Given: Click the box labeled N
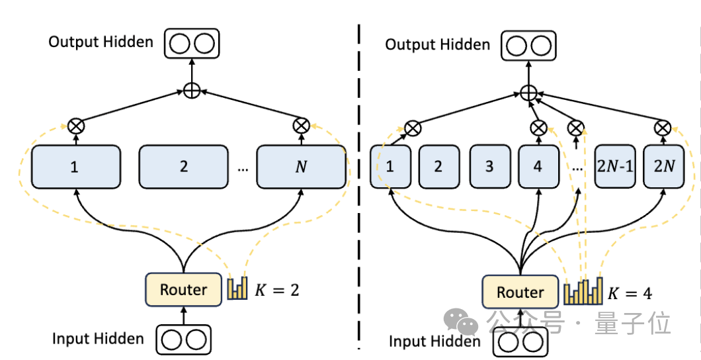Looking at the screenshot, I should (x=301, y=167).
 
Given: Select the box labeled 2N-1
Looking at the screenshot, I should (x=614, y=167).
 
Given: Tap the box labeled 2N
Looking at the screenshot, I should (x=663, y=167).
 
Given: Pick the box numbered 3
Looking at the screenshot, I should (x=489, y=167).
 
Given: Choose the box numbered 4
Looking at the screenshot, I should (x=537, y=167).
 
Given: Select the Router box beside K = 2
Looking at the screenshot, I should (x=183, y=289).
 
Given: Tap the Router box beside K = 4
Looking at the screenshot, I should (x=520, y=292).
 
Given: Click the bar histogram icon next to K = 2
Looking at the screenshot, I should (x=237, y=288).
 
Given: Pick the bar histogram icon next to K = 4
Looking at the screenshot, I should (x=584, y=291).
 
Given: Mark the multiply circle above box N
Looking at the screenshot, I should (x=301, y=124).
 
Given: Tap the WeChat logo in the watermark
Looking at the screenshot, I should (x=462, y=322).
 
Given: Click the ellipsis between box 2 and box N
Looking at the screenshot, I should (x=242, y=168).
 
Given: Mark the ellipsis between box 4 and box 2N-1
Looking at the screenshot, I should (x=577, y=168).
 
